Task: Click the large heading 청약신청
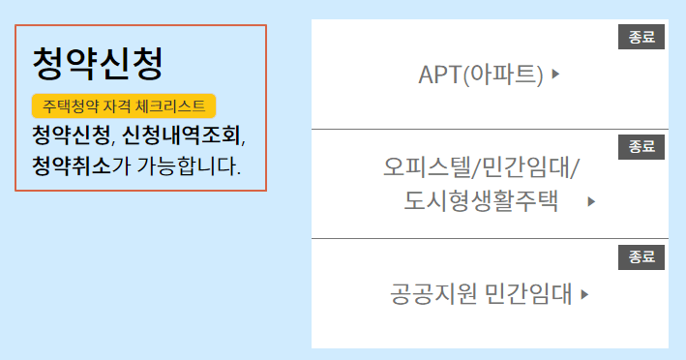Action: [97, 63]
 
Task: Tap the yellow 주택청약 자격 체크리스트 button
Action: [124, 105]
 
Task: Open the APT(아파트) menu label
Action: [481, 75]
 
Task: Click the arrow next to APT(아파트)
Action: [555, 74]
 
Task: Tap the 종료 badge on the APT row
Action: [641, 38]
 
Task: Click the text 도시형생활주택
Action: [482, 201]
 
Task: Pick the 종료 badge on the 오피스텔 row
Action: [641, 147]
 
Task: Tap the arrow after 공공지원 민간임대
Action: [584, 293]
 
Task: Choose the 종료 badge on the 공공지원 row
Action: [641, 257]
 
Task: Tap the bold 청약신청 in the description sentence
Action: [71, 134]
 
